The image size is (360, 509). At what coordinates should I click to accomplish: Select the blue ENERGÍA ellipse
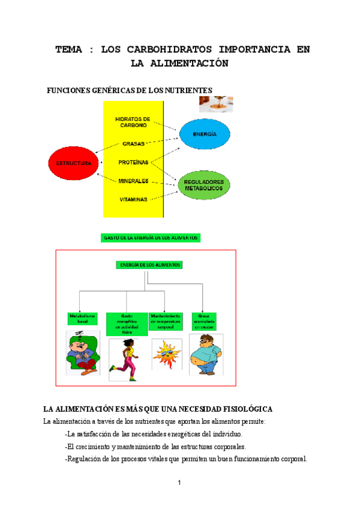[204, 135]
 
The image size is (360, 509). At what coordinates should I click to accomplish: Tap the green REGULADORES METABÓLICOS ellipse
[204, 185]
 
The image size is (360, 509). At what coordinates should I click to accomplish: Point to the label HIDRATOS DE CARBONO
[133, 122]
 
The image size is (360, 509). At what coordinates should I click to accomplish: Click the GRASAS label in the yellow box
[133, 144]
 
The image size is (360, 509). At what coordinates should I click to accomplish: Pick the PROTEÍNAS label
[134, 162]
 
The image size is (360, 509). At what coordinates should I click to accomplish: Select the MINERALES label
[134, 181]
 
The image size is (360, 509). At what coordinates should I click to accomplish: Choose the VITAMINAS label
[133, 199]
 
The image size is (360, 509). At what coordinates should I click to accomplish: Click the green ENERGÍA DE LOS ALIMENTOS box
[148, 264]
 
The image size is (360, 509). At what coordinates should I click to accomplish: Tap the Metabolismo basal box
[79, 318]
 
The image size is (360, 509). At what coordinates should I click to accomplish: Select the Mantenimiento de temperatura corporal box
[166, 321]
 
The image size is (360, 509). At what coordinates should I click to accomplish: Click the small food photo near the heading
[216, 104]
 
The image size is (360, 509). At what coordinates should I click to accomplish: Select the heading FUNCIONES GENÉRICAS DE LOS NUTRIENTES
[129, 90]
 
